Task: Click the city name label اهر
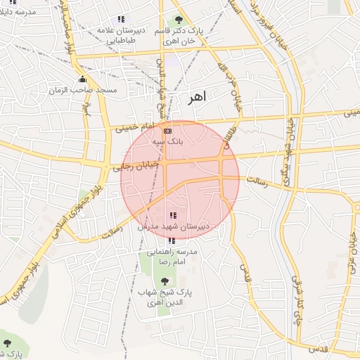[x=197, y=98]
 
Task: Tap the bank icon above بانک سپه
[x=167, y=131]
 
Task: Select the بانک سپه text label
[x=168, y=141]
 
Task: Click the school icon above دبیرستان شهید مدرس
[x=173, y=215]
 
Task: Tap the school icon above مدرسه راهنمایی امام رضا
[x=173, y=240]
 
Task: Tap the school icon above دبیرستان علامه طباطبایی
[x=121, y=19]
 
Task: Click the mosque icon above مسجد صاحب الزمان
[x=83, y=79]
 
